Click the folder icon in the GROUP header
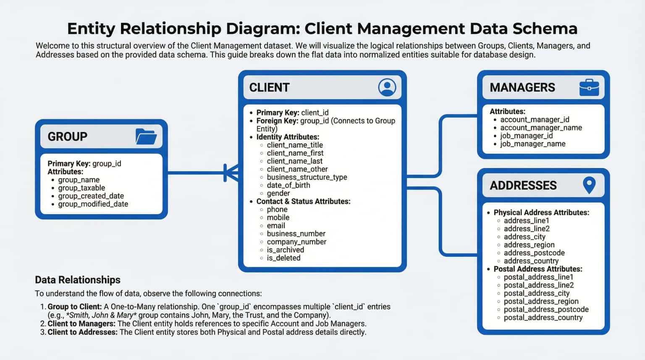[146, 137]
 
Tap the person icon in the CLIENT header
[387, 87]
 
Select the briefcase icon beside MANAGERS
[589, 87]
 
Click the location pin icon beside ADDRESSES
[589, 185]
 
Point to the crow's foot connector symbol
[231, 173]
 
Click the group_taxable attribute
[81, 188]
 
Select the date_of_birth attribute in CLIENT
[288, 185]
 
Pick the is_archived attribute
[285, 250]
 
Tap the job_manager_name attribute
[532, 144]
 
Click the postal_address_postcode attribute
[546, 309]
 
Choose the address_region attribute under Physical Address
[529, 245]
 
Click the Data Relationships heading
[78, 280]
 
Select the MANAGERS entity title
[522, 87]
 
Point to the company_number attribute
[296, 242]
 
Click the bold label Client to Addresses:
[82, 332]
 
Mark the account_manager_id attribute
[535, 119]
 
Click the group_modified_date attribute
[93, 204]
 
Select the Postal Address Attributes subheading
[537, 269]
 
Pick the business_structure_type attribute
[307, 177]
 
